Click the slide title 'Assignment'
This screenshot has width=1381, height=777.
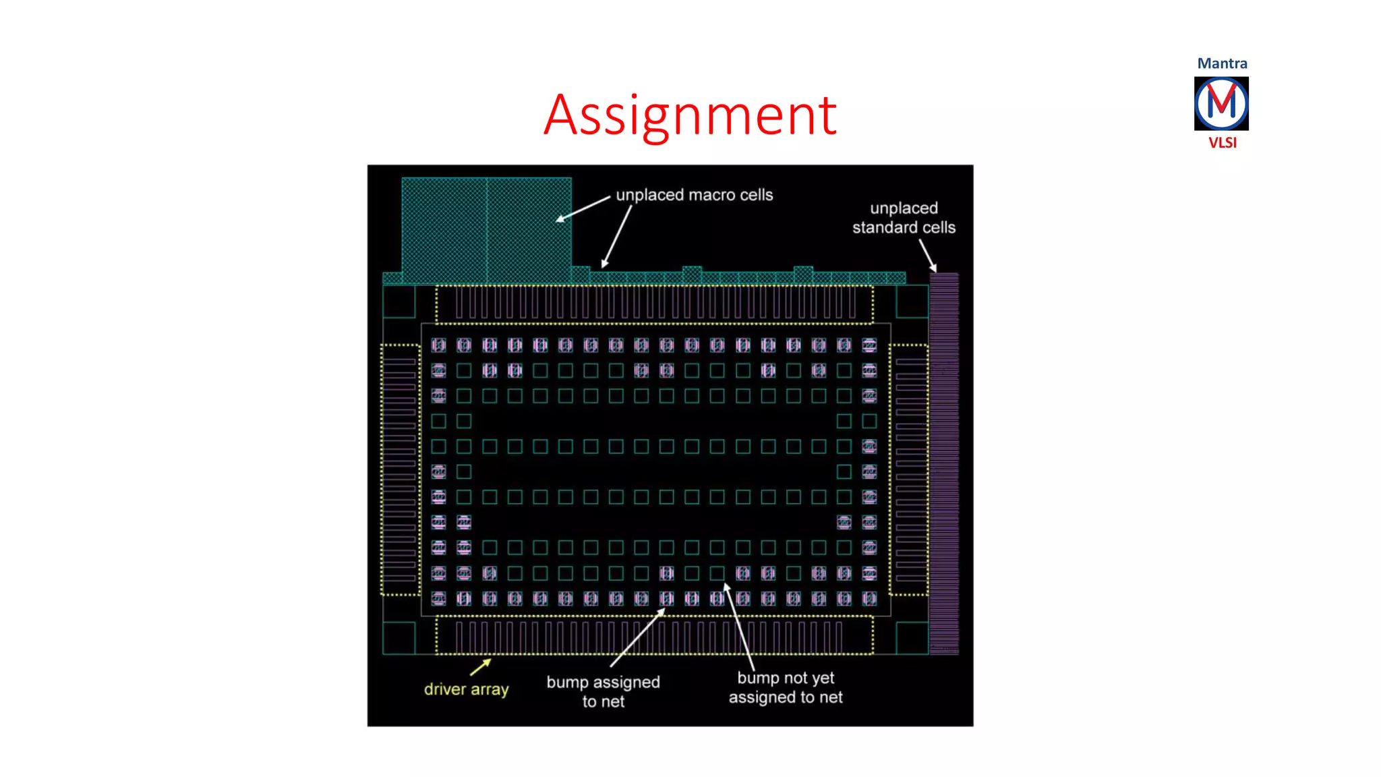[690, 115]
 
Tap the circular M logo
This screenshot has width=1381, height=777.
[1221, 103]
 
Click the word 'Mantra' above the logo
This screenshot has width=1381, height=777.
[1222, 63]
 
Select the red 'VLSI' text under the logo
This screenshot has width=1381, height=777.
[1222, 143]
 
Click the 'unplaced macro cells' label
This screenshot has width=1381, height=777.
[694, 195]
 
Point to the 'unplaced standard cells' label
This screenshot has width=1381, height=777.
[904, 218]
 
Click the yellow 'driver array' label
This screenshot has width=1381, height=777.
[466, 689]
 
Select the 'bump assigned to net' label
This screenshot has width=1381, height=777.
[603, 691]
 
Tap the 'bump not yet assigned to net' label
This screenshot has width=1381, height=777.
[786, 687]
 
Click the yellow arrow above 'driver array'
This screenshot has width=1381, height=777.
[481, 666]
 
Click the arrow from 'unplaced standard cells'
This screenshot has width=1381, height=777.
[928, 256]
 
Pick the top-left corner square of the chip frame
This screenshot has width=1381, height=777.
[399, 301]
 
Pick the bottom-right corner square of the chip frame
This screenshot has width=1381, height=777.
[912, 637]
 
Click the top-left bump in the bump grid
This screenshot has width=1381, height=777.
[438, 345]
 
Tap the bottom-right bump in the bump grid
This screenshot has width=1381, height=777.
[869, 598]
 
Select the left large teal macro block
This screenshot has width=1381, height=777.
[444, 229]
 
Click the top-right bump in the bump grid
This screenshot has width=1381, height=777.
[869, 345]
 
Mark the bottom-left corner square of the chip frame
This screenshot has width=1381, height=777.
[399, 637]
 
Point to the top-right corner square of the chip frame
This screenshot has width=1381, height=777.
[912, 301]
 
